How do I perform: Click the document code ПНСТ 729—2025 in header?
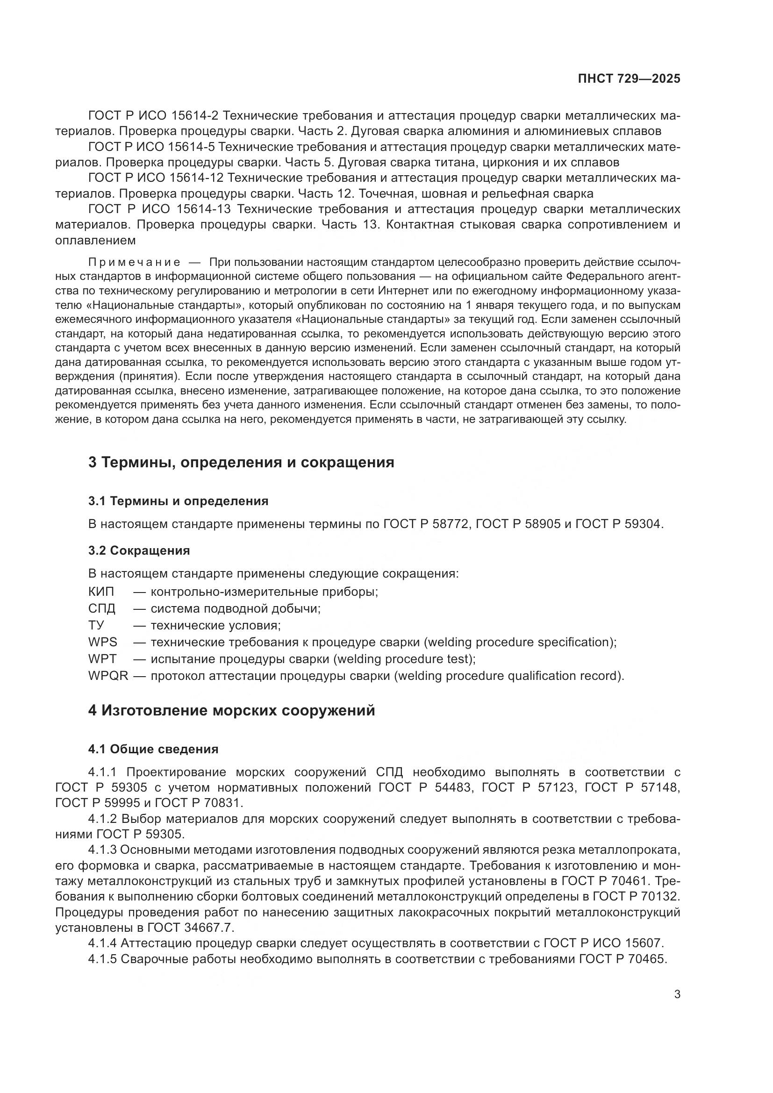[x=629, y=79]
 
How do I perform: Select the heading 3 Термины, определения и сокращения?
[x=241, y=462]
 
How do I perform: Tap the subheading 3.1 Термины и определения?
[x=178, y=501]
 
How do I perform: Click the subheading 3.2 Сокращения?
[x=139, y=551]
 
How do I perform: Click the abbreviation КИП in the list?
[x=101, y=592]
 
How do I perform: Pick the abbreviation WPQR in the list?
[x=108, y=676]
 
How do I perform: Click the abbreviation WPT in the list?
[x=102, y=659]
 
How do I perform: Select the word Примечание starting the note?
[x=134, y=263]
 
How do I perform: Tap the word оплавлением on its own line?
[x=95, y=241]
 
